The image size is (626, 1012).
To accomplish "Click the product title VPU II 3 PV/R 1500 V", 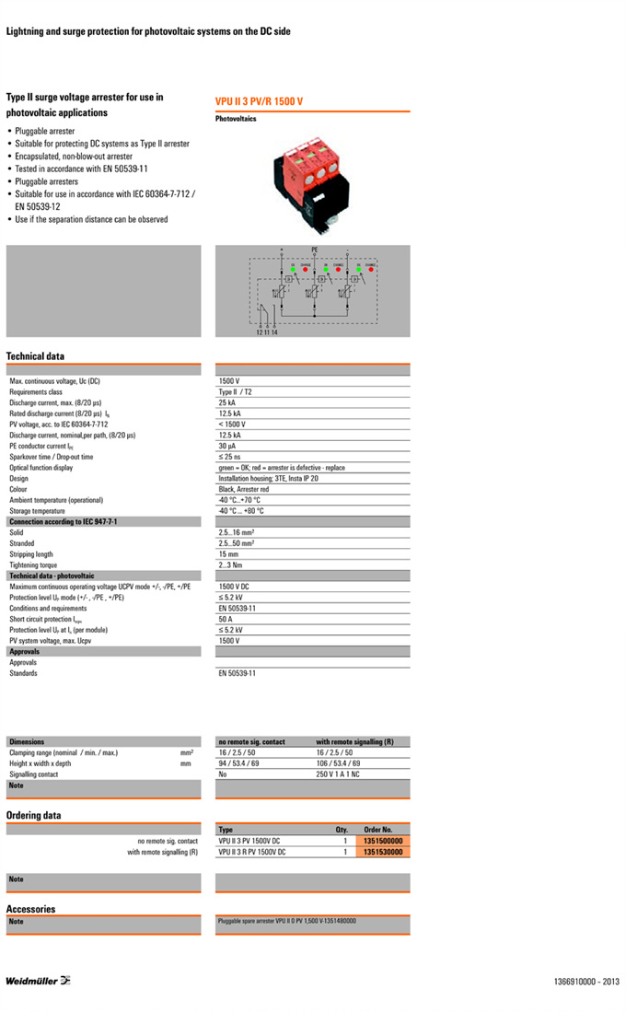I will tap(259, 101).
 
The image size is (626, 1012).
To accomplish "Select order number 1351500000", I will tap(383, 841).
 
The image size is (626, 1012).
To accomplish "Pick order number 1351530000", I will tap(383, 852).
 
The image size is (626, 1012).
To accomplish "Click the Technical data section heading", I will tap(35, 356).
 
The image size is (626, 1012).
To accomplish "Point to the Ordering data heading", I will tap(33, 815).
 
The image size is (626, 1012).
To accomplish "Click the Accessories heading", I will tap(30, 909).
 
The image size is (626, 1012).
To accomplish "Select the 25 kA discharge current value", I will tap(226, 402).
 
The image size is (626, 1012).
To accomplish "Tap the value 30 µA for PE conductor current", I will tap(227, 446).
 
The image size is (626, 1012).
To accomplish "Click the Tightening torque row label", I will tap(33, 565).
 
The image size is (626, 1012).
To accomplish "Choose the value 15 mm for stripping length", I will tap(227, 554).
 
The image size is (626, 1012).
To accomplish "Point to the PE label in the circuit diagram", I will tap(314, 250).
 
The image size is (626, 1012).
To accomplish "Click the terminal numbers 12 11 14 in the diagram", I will tap(267, 332).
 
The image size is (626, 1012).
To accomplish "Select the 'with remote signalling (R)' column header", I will tap(355, 741).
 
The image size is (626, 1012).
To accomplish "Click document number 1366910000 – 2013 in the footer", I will tap(587, 982).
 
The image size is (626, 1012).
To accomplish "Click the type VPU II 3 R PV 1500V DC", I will tap(252, 852).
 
